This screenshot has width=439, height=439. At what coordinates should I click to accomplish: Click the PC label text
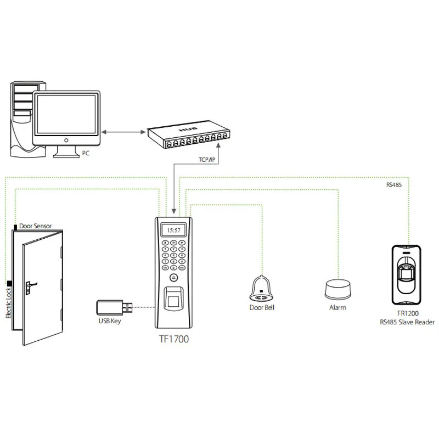[x=86, y=153]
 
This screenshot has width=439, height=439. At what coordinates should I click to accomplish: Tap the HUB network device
[x=189, y=134]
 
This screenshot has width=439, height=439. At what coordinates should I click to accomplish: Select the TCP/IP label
[x=207, y=160]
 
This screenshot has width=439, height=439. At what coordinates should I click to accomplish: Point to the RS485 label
[x=394, y=185]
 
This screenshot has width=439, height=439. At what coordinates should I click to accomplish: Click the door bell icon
[x=262, y=289]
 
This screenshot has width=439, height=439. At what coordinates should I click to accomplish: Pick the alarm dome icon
[x=337, y=290]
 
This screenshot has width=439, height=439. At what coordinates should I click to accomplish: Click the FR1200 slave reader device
[x=407, y=275]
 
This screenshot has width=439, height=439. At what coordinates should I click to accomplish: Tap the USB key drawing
[x=114, y=307]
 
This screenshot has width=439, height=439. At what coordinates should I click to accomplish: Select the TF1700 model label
[x=174, y=339]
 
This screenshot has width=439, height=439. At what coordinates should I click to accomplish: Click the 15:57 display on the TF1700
[x=173, y=230]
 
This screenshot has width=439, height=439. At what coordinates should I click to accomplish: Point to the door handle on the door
[x=30, y=287]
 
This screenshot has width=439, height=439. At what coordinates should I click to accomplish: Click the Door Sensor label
[x=36, y=226]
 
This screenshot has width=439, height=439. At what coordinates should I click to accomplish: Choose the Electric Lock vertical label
[x=8, y=303]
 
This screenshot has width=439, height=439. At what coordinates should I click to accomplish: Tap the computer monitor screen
[x=66, y=115]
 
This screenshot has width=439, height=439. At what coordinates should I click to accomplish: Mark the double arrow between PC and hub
[x=123, y=132]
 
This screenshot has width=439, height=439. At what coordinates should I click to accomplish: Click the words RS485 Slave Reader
[x=407, y=322]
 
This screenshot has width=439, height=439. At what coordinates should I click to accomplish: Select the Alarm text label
[x=337, y=308]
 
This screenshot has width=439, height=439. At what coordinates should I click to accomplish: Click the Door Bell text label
[x=262, y=308]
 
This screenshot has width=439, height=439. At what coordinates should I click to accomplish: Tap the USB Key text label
[x=110, y=321]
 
